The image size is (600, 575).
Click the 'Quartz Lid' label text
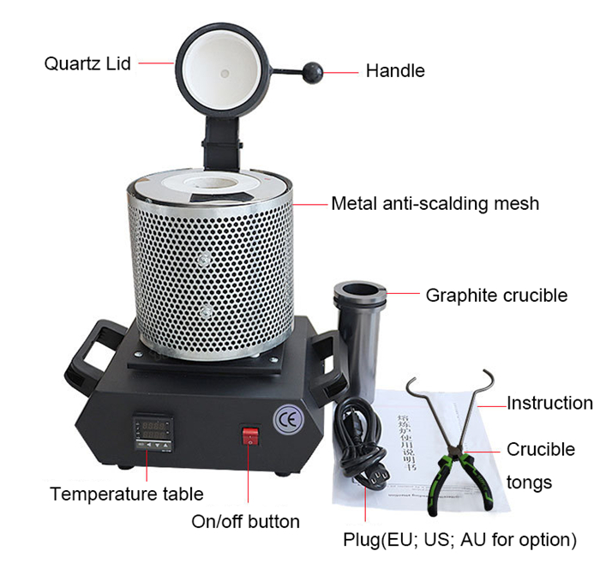[x=87, y=63]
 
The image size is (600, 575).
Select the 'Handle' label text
[x=395, y=71]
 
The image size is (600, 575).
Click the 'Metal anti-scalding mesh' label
[x=435, y=203]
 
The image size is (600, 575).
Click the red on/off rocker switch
[x=249, y=436]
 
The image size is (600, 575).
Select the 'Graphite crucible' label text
[x=496, y=296]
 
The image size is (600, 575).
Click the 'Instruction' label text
[x=549, y=403]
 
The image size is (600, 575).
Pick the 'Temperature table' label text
[x=126, y=494]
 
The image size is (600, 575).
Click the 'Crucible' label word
[x=541, y=449]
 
